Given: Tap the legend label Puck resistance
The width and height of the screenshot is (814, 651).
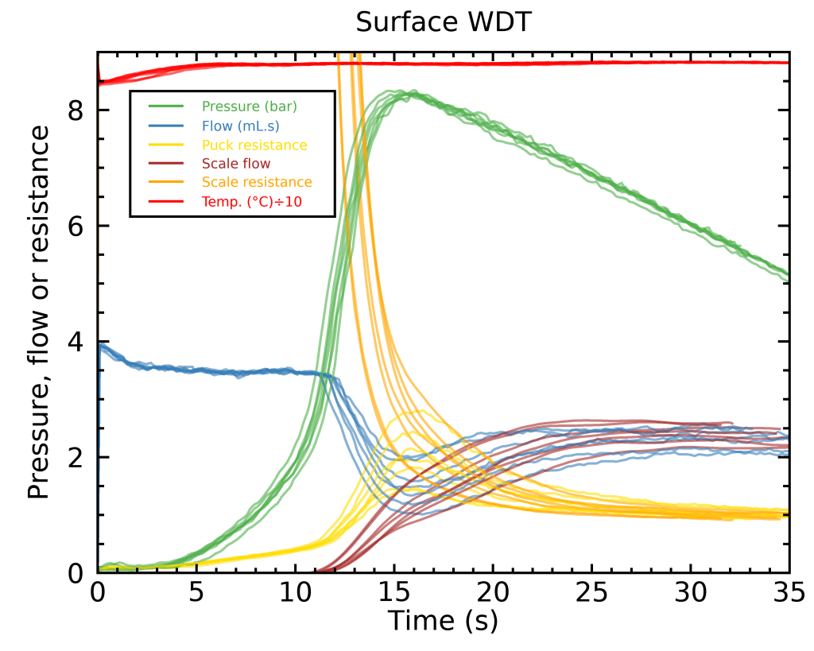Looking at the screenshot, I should [x=254, y=145].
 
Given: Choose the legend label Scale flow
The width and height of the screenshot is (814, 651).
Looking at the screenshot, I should [x=236, y=164].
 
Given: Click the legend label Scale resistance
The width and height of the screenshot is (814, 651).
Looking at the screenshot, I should [x=257, y=183].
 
